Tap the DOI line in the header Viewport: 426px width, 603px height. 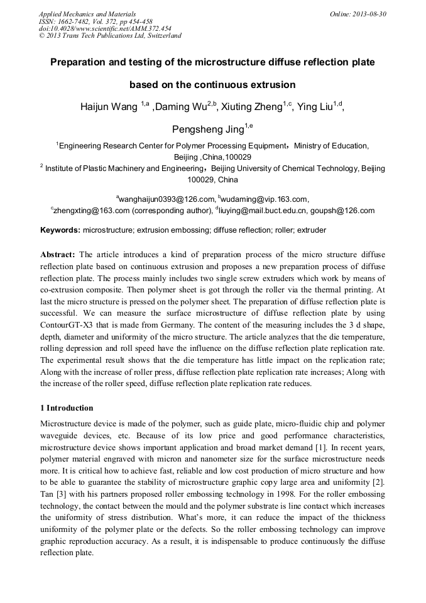pos(105,28)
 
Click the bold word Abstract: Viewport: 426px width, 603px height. pos(58,255)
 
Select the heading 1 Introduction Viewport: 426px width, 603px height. pos(67,408)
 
